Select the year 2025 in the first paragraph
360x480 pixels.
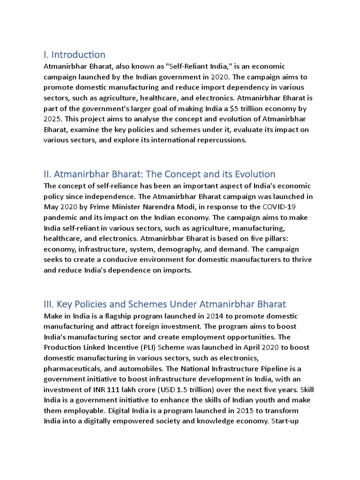pyautogui.click(x=53, y=119)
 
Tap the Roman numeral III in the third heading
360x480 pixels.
pyautogui.click(x=48, y=304)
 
